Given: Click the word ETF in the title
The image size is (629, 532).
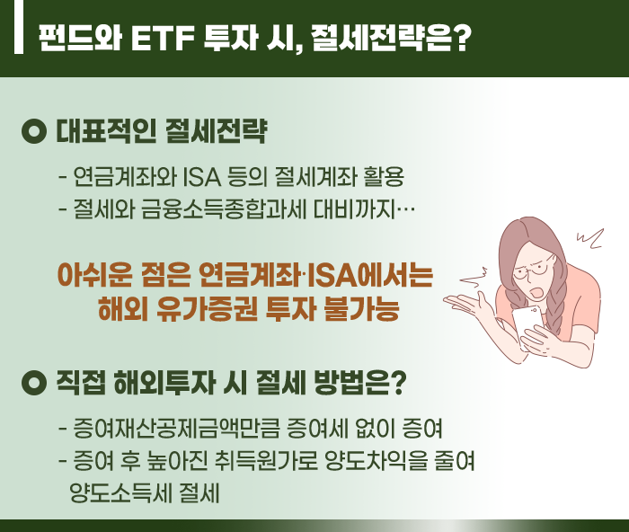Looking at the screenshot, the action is [x=163, y=39].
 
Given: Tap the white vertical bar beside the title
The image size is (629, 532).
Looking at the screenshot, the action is [x=19, y=26].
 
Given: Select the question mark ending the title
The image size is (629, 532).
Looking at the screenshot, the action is [x=462, y=39].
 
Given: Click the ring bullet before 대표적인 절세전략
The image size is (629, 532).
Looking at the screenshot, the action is [x=34, y=131].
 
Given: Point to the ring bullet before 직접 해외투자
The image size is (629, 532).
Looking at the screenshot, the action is [x=34, y=383].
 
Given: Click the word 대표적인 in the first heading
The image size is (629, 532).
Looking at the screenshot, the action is [x=105, y=131].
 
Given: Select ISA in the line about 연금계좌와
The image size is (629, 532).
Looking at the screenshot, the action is [x=202, y=177].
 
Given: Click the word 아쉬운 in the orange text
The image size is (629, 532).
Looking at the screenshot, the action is [x=94, y=275].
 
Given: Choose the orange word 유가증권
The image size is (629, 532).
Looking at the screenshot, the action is [x=207, y=308].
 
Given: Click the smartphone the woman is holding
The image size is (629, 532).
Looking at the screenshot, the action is [x=527, y=326].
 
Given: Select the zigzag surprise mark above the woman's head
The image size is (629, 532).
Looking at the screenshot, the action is [x=590, y=238].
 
